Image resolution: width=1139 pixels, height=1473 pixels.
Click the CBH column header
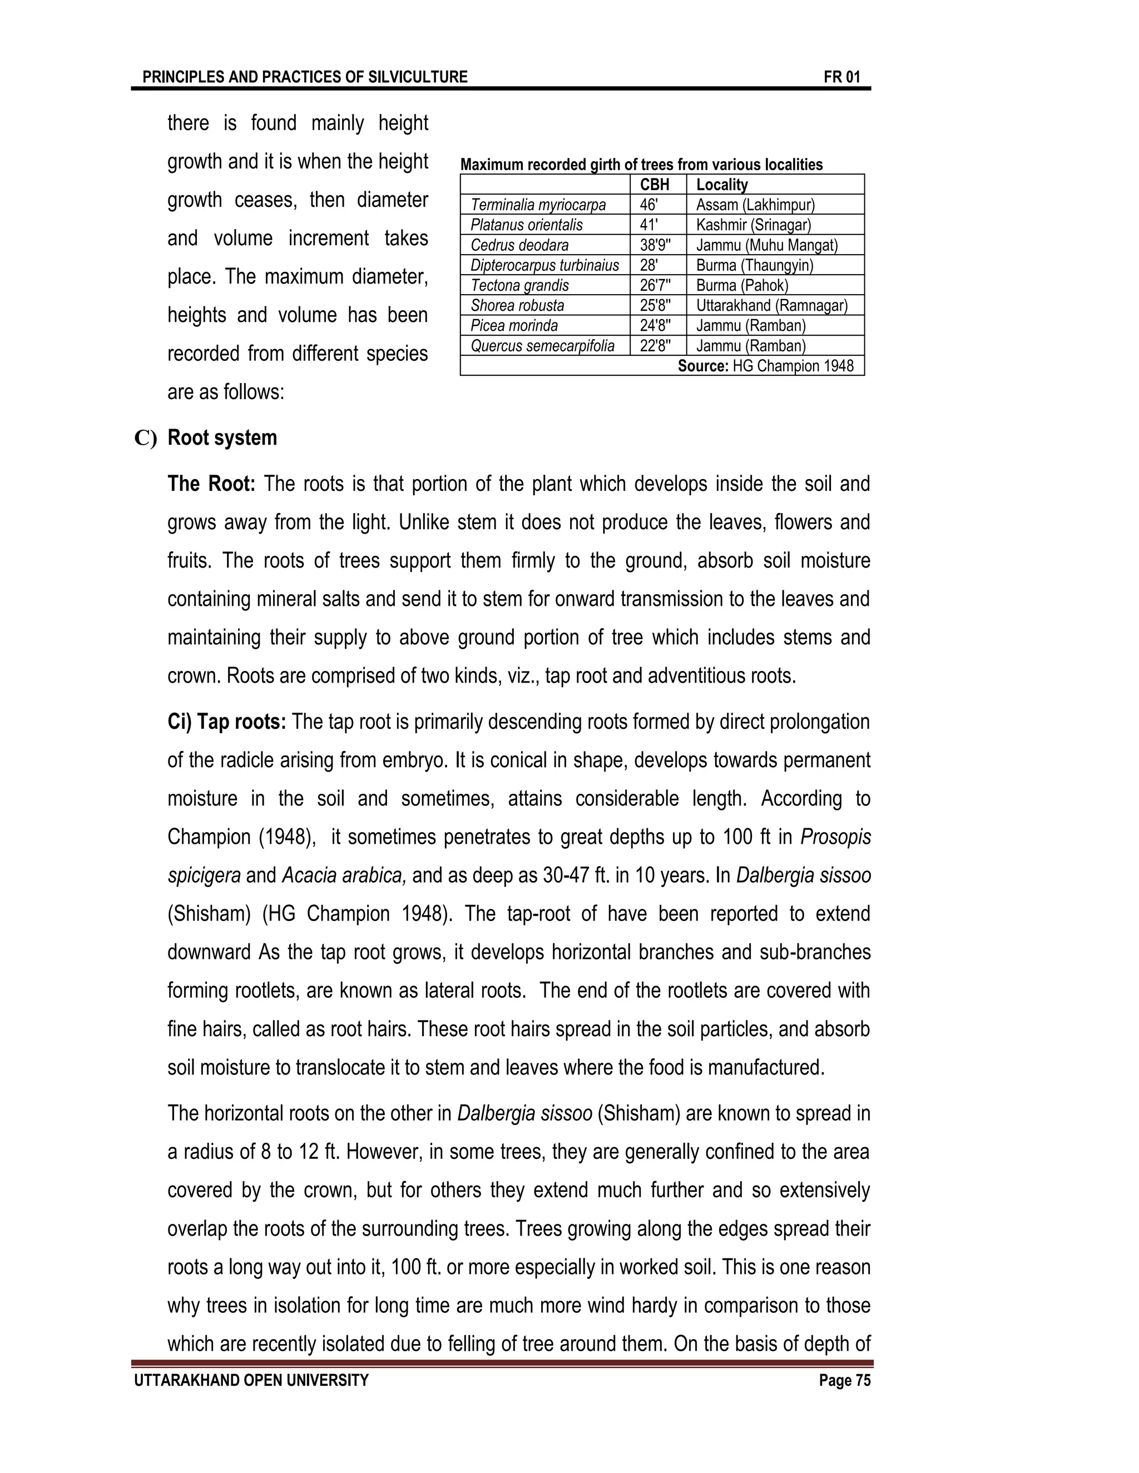pyautogui.click(x=654, y=185)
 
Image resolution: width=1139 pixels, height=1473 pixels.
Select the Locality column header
pyautogui.click(x=721, y=185)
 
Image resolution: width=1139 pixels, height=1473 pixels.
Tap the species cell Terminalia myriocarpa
pyautogui.click(x=538, y=205)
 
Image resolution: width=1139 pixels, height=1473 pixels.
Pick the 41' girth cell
pyautogui.click(x=648, y=225)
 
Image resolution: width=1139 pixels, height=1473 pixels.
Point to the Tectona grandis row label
pyautogui.click(x=519, y=286)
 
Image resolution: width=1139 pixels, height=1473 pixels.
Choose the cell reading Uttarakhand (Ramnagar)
pyautogui.click(x=771, y=306)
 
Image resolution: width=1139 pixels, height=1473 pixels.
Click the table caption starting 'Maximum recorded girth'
pyautogui.click(x=641, y=165)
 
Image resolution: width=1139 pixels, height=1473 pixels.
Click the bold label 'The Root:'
pyautogui.click(x=211, y=484)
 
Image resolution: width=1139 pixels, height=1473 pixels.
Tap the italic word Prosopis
pyautogui.click(x=835, y=838)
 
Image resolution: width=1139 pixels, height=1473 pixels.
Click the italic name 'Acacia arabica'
pyautogui.click(x=344, y=876)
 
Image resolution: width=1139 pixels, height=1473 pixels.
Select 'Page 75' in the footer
pyautogui.click(x=845, y=1381)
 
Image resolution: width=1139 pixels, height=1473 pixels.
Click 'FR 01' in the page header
pyautogui.click(x=841, y=77)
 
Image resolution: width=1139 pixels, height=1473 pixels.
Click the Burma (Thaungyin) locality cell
pyautogui.click(x=754, y=266)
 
